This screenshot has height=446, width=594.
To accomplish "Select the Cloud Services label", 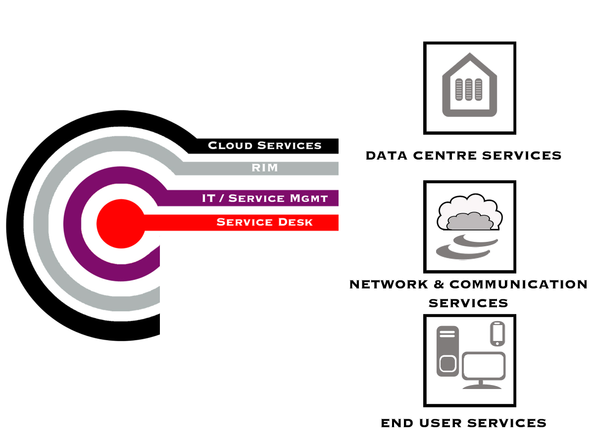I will pos(265,146).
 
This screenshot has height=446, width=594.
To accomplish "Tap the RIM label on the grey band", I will pos(265,168).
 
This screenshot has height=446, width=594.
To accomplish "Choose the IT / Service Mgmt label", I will pos(265,198).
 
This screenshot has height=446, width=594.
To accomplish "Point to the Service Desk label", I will pos(265,222).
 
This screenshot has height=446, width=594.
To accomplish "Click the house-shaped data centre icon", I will pos(469,87).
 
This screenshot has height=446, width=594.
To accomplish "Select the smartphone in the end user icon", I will pos(497,333).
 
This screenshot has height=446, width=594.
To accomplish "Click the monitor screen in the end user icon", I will pos(484,366).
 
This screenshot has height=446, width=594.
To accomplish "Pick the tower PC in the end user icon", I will pos(447,351).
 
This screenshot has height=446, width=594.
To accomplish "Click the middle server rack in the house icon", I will pos(469,90).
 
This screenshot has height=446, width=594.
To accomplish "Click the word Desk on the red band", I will pos(295,222).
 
